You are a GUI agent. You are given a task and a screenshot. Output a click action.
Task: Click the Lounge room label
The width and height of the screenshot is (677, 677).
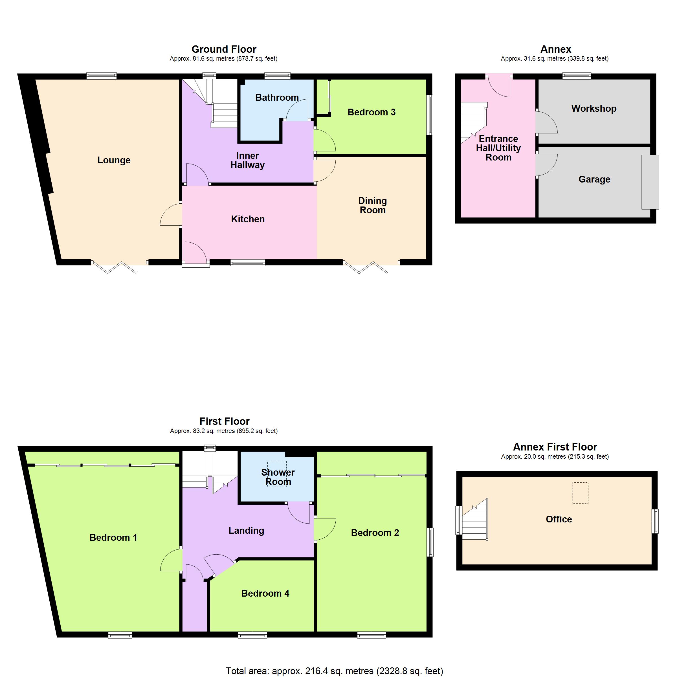114,160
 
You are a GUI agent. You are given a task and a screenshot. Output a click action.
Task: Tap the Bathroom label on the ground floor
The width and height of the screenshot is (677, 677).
277,97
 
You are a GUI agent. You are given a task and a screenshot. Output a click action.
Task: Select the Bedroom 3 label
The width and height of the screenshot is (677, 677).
372,112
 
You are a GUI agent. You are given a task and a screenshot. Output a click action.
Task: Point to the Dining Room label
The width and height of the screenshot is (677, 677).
372,205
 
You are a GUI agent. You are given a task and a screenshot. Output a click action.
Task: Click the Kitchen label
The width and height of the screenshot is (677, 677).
248,219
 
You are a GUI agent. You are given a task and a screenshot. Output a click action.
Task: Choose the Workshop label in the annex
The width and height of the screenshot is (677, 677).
594,109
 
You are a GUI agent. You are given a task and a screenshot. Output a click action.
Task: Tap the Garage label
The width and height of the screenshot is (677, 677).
594,179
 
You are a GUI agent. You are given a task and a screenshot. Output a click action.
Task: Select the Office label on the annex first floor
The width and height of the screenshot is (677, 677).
559,519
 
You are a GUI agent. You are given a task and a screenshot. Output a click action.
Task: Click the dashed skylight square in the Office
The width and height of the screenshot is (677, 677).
580,493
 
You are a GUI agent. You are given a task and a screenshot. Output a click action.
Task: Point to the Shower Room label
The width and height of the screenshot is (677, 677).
278,477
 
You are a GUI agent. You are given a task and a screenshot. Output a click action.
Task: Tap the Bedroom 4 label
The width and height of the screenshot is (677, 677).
265,593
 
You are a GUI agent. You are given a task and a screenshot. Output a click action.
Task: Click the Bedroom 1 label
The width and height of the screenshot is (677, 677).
113,538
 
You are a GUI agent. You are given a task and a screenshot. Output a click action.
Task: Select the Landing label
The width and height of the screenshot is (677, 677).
246,531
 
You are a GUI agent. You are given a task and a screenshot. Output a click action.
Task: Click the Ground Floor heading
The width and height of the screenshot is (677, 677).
224,49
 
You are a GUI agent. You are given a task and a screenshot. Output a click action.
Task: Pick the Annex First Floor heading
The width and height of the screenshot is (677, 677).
555,447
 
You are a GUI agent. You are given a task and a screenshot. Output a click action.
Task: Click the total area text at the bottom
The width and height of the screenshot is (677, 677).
334,671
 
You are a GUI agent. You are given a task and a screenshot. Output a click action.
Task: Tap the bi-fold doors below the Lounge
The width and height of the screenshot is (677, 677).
114,267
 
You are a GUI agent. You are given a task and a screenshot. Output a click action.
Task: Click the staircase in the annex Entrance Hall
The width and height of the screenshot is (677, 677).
474,123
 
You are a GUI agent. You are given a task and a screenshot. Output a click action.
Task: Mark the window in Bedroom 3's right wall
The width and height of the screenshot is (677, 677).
430,115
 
